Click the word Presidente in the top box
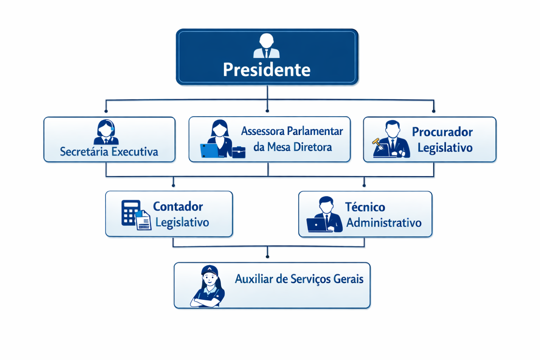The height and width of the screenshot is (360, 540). click(x=266, y=69)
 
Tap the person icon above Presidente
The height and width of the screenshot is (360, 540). click(x=266, y=46)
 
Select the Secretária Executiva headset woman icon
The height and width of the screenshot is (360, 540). click(x=106, y=132)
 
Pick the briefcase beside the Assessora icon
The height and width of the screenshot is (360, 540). click(x=239, y=152)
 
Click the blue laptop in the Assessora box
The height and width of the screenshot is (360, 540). click(x=209, y=150)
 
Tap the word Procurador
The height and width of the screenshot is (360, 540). click(x=442, y=132)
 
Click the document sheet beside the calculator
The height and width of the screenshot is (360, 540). click(x=144, y=221)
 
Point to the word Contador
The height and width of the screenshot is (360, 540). click(x=178, y=206)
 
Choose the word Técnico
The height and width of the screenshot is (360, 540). click(x=365, y=207)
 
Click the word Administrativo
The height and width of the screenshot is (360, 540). click(x=384, y=223)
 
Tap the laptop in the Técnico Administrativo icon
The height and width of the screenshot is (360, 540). click(x=317, y=225)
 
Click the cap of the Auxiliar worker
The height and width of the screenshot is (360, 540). click(x=210, y=269)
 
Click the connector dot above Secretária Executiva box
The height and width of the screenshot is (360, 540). click(x=106, y=111)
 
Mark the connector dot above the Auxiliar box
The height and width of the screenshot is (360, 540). click(x=267, y=257)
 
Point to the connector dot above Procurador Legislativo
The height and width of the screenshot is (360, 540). click(x=433, y=111)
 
